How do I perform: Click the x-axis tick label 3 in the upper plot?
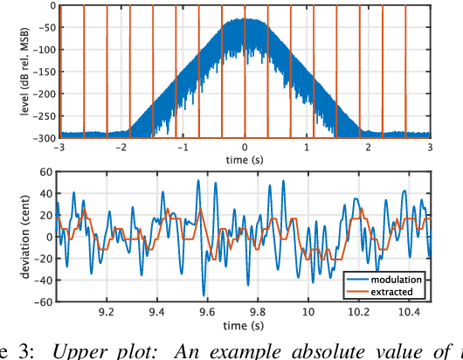pos(430,148)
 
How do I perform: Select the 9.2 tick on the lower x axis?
pos(108,312)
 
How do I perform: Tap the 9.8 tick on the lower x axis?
pos(259,312)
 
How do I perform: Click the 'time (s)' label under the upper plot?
pos(245,159)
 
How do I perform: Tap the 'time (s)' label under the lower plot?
pos(245,324)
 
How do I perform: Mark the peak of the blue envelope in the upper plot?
pos(245,19)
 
